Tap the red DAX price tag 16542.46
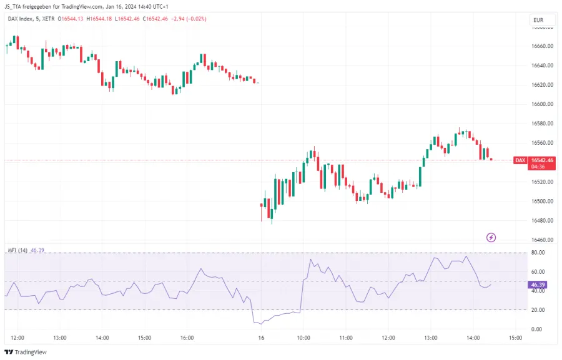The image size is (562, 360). click(x=541, y=160)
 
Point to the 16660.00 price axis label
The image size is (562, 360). click(x=542, y=46)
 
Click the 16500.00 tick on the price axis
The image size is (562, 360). click(x=542, y=201)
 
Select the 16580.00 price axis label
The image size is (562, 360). click(x=542, y=124)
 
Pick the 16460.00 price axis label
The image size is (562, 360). click(x=542, y=240)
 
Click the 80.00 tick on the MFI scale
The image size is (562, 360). click(x=537, y=253)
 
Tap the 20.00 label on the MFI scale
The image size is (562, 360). click(x=537, y=310)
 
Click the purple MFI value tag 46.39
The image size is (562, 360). click(x=538, y=285)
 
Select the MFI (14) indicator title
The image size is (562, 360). click(x=17, y=250)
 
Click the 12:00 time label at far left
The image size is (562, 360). click(x=17, y=338)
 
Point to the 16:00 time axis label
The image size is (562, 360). click(x=187, y=338)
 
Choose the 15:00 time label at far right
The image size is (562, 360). click(x=515, y=338)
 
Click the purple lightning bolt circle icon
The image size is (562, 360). click(x=491, y=237)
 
